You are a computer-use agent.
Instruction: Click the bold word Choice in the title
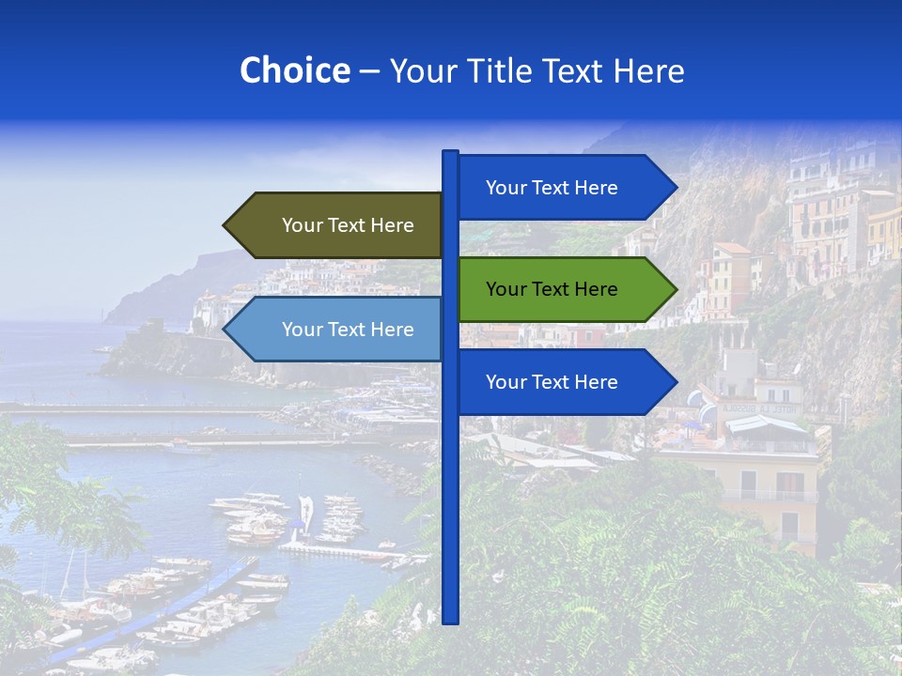(x=294, y=70)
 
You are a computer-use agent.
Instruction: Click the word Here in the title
(x=648, y=70)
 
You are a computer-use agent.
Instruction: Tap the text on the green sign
(x=552, y=289)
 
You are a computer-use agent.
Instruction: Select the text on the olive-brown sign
(x=348, y=225)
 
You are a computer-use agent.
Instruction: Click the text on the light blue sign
(x=348, y=330)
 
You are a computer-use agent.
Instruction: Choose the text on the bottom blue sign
(x=552, y=382)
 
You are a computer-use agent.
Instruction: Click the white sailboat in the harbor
(x=305, y=515)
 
